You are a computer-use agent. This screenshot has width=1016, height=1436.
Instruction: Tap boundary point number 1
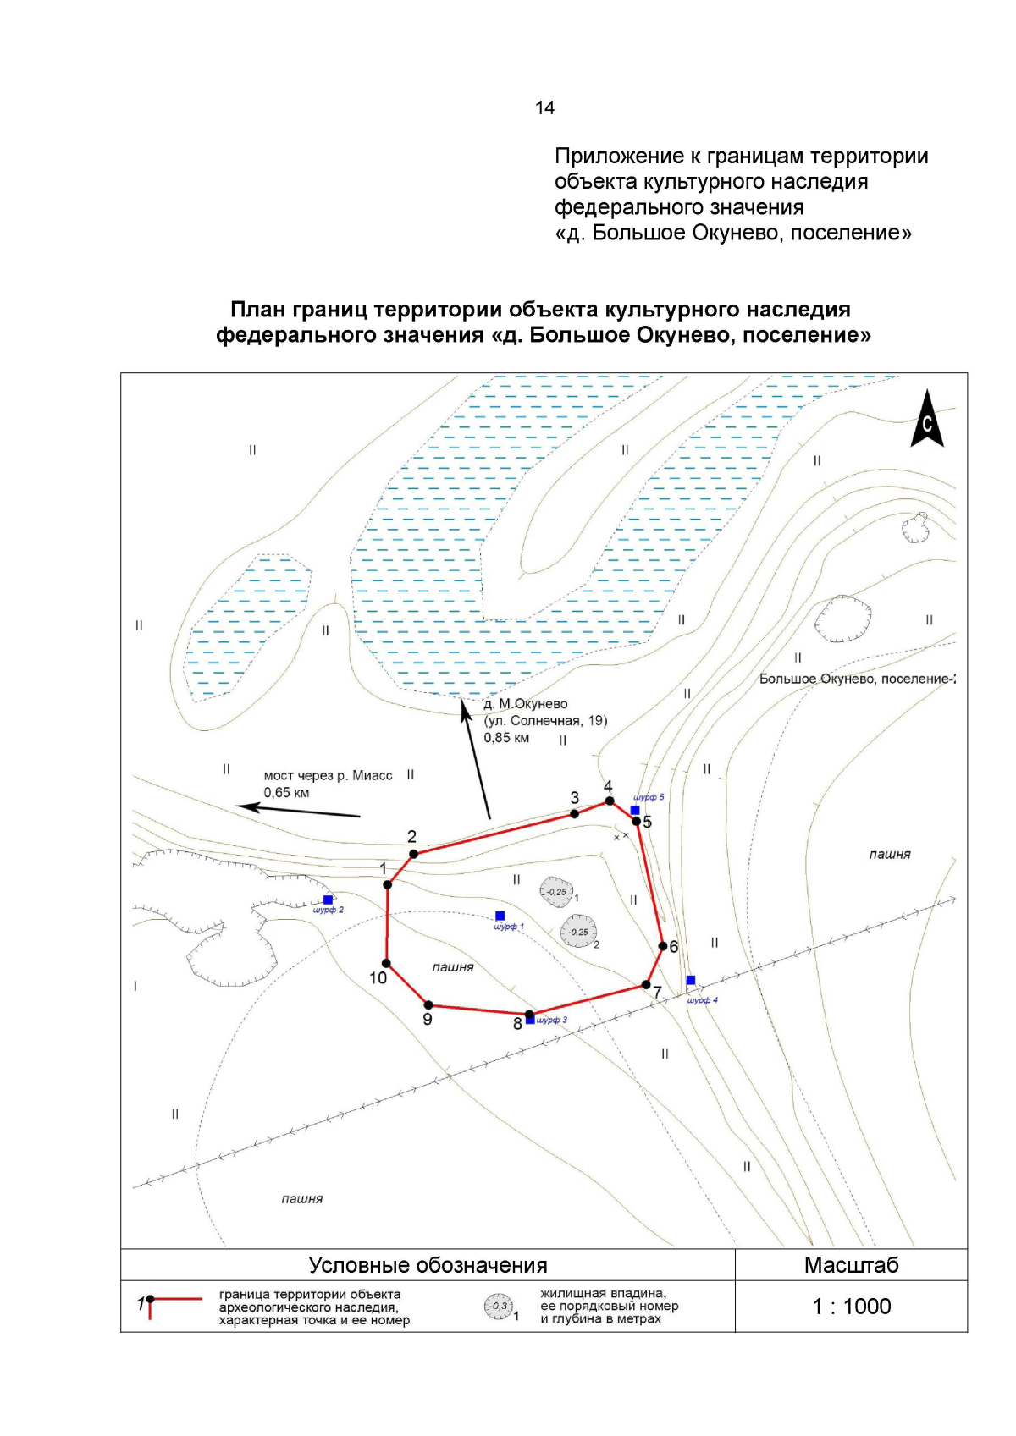(x=388, y=884)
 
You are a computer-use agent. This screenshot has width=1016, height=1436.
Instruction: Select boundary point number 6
(x=662, y=946)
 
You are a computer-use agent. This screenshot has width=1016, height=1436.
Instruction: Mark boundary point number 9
(x=428, y=1005)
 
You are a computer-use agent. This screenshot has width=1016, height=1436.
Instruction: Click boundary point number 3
(x=575, y=813)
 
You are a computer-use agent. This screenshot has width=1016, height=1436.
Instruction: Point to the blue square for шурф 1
(x=500, y=916)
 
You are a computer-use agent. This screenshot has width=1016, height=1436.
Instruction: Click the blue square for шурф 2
(x=329, y=900)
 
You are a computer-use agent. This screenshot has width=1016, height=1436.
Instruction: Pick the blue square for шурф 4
(x=691, y=980)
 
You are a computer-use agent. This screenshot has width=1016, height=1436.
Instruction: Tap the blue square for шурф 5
(x=635, y=810)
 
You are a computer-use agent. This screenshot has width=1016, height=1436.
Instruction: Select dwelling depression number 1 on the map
(x=555, y=891)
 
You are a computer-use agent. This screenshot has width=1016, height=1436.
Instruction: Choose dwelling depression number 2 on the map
(x=577, y=932)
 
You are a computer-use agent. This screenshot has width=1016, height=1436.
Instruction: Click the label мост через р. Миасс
(x=328, y=775)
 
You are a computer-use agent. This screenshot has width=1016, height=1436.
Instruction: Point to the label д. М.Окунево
(x=526, y=703)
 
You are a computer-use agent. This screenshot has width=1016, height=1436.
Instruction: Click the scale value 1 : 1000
(x=851, y=1306)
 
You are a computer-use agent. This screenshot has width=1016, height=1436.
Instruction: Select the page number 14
(x=544, y=107)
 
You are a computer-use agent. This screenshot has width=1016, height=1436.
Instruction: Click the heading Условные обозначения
(x=428, y=1265)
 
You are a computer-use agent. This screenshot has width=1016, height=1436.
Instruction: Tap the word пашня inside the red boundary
(x=453, y=966)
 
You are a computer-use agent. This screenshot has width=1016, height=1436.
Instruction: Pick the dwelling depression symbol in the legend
(x=499, y=1307)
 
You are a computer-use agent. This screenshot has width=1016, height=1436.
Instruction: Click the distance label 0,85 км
(x=506, y=737)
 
